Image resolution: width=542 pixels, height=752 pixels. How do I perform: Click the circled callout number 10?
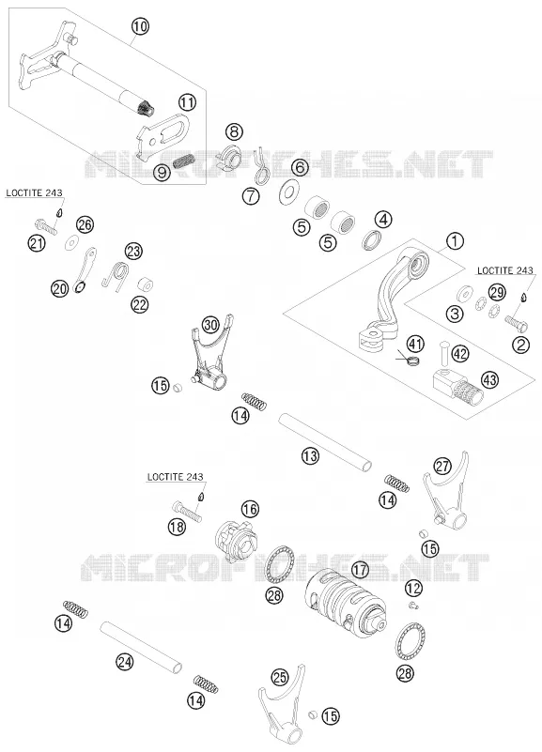click(140, 26)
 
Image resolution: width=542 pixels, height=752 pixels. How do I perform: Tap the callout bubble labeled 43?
click(489, 380)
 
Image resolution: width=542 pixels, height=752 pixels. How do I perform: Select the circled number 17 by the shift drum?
click(360, 570)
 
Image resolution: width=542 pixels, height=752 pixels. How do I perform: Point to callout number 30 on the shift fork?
click(210, 325)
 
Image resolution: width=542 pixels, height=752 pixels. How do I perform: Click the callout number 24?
click(124, 662)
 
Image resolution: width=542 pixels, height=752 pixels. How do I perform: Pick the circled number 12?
click(413, 588)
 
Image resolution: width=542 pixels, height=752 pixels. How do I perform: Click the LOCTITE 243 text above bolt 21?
click(34, 192)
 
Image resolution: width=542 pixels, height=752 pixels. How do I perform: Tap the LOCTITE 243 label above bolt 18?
click(175, 477)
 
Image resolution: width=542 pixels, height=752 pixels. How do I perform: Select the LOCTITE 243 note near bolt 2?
click(505, 270)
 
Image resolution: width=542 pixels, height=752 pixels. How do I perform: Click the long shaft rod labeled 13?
click(325, 441)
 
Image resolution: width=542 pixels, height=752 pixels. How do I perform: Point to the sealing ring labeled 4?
click(372, 239)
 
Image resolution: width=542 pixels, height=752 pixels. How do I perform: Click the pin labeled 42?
click(443, 353)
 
